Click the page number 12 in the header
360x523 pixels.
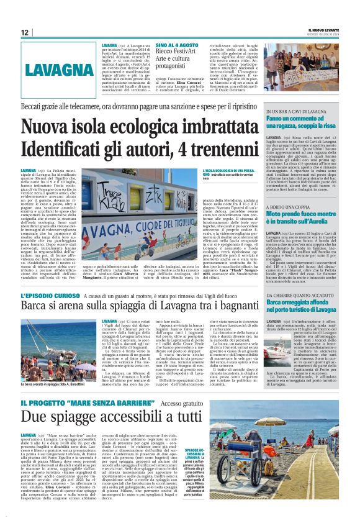click(x=24, y=32)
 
